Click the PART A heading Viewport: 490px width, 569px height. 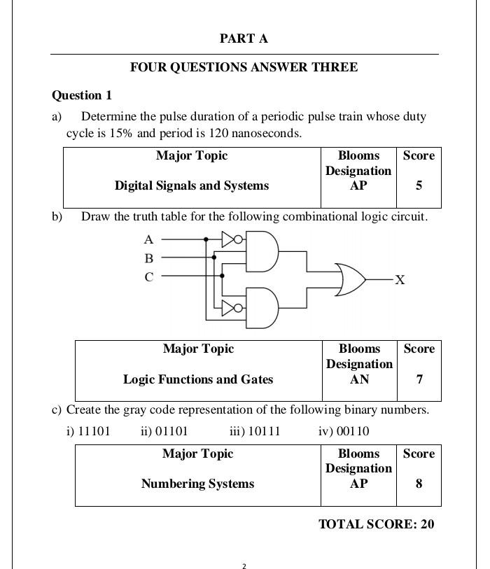pos(244,38)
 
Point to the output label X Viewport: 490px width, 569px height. pos(400,280)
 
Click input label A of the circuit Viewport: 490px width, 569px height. pos(148,239)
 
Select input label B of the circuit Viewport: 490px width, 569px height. pos(148,258)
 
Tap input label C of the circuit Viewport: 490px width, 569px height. pos(148,277)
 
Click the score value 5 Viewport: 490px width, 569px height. pos(419,185)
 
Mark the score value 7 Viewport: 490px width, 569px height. pos(419,379)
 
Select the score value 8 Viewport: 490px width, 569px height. pos(419,484)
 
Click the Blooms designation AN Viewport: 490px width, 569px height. pos(359,379)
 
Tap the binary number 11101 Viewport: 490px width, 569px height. pos(94,431)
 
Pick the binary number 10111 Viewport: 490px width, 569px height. pos(263,431)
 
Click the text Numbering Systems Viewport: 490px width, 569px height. pos(197,484)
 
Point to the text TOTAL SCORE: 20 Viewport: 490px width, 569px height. pos(376,524)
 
